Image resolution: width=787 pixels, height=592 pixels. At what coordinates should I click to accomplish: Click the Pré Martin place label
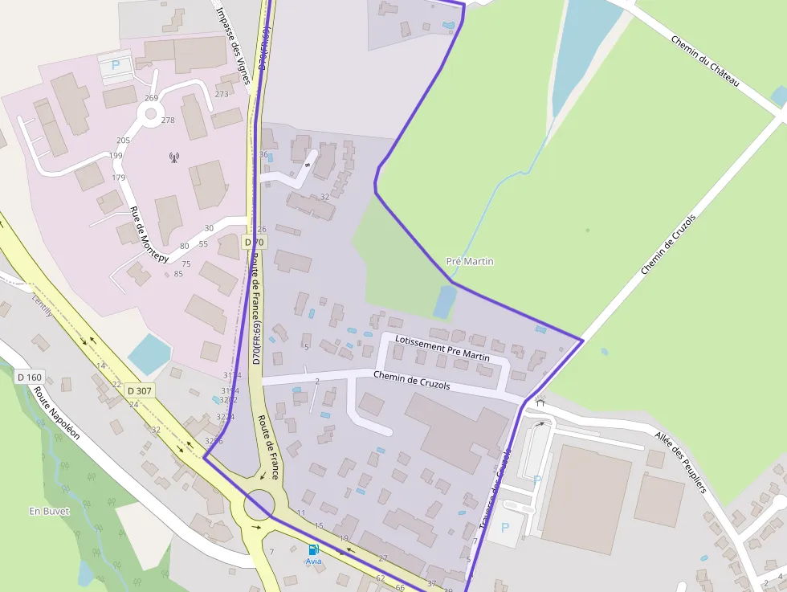pyautogui.click(x=470, y=262)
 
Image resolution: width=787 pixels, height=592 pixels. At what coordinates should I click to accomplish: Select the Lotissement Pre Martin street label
pyautogui.click(x=442, y=349)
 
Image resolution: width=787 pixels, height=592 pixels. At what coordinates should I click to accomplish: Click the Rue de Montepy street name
pyautogui.click(x=149, y=234)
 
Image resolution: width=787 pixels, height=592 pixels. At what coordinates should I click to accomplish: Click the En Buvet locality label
pyautogui.click(x=49, y=511)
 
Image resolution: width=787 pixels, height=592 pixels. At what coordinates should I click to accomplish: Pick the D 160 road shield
pyautogui.click(x=29, y=377)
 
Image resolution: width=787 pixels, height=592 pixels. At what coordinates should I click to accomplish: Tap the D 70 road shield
pyautogui.click(x=255, y=242)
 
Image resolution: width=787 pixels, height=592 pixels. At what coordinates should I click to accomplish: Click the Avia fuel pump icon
pyautogui.click(x=313, y=549)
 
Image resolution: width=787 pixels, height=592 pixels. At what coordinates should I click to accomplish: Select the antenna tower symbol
pyautogui.click(x=173, y=157)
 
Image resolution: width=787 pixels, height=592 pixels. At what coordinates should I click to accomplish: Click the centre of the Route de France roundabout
pyautogui.click(x=259, y=506)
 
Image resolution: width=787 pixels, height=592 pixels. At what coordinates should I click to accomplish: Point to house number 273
pyautogui.click(x=222, y=94)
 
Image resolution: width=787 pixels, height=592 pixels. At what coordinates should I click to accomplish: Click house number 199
pyautogui.click(x=116, y=156)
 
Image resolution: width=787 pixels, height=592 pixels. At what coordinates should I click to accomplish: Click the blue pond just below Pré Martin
pyautogui.click(x=444, y=302)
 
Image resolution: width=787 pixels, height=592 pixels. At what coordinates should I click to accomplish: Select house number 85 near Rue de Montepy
pyautogui.click(x=178, y=274)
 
